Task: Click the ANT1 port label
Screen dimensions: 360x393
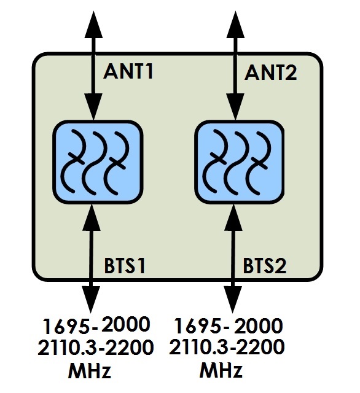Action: tap(128, 71)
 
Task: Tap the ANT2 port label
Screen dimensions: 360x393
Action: tap(270, 72)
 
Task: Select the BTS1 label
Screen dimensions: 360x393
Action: tap(125, 265)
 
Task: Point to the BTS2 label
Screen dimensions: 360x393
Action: tap(265, 265)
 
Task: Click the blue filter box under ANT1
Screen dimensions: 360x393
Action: tap(98, 162)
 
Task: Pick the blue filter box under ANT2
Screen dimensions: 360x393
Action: tap(240, 162)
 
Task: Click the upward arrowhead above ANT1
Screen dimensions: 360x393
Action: tap(93, 25)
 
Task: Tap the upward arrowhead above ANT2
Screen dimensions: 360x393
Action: tap(235, 25)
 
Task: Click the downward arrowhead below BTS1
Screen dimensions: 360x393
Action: tap(91, 300)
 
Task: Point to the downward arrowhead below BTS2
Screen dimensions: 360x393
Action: tap(233, 300)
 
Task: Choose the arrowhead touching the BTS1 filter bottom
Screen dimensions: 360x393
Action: tap(92, 217)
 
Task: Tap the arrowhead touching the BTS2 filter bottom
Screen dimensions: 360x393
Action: tap(233, 217)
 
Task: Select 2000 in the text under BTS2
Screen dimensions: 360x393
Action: tap(258, 325)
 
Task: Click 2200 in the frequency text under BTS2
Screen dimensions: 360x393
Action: tap(260, 346)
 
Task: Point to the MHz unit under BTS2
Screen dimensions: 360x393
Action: tap(221, 369)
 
